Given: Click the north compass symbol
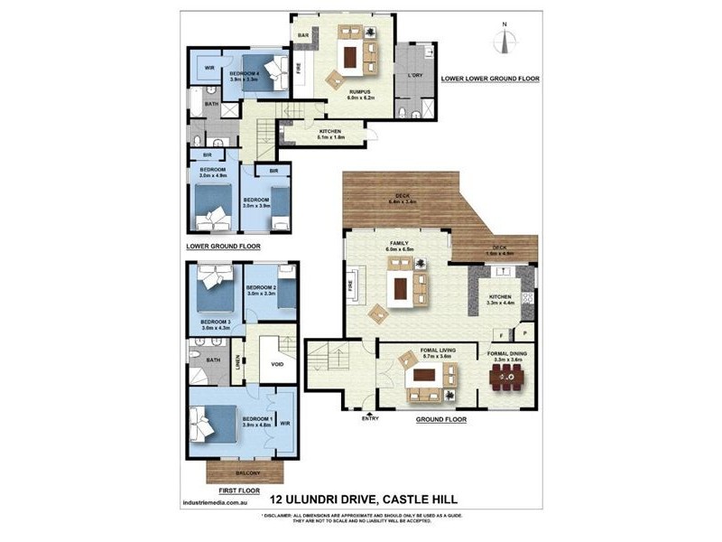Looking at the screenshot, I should pyautogui.click(x=504, y=41).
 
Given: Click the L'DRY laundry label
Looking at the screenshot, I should pyautogui.click(x=415, y=75).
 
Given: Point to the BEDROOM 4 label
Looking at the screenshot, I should pyautogui.click(x=244, y=73).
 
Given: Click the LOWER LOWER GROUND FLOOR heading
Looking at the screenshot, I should pyautogui.click(x=490, y=79).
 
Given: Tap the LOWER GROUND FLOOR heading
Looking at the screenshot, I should pyautogui.click(x=223, y=246).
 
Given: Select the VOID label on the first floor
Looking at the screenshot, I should pyautogui.click(x=278, y=365).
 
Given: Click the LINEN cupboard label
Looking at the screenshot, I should pyautogui.click(x=238, y=362).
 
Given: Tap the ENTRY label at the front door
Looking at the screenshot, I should pyautogui.click(x=370, y=418).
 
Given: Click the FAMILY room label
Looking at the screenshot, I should pyautogui.click(x=398, y=243).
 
